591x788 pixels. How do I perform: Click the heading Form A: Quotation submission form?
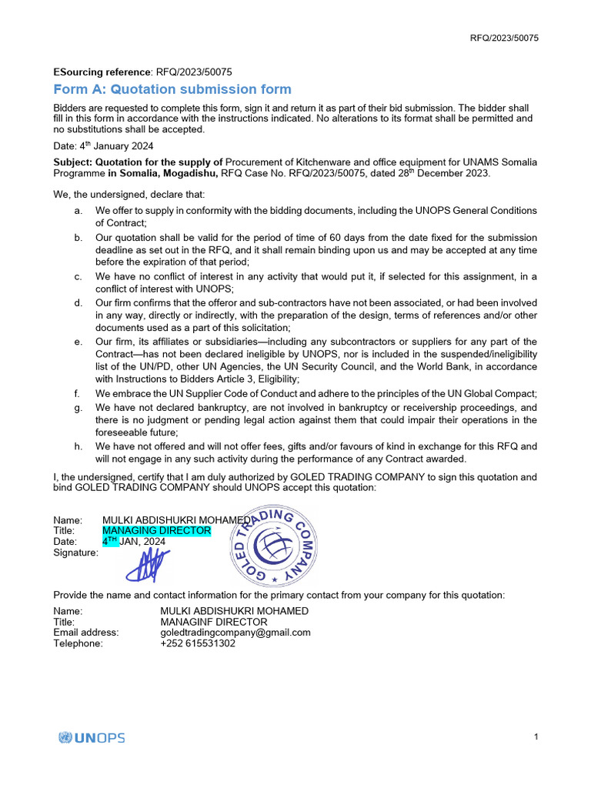[x=172, y=90]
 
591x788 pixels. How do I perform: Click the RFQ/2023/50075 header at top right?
[x=504, y=38]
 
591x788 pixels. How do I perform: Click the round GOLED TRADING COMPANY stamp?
[x=274, y=547]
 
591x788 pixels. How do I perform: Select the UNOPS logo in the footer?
[x=92, y=737]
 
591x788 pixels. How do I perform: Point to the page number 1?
[x=536, y=737]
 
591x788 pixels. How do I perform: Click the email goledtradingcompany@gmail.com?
[x=235, y=633]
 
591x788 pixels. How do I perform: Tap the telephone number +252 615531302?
[x=198, y=643]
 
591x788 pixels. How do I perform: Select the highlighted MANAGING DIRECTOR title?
[x=156, y=530]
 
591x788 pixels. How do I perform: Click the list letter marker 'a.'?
[x=78, y=211]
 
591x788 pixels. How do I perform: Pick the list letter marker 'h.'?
[x=78, y=446]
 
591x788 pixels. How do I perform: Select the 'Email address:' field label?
[x=86, y=633]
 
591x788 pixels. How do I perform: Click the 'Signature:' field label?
[x=75, y=552]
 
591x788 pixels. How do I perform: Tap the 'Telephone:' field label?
[x=78, y=643]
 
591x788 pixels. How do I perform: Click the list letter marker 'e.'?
[x=78, y=342]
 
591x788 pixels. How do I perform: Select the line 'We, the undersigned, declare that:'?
[x=129, y=194]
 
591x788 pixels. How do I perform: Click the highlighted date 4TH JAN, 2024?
[x=134, y=541]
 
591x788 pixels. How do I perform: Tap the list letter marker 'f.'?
[x=78, y=393]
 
